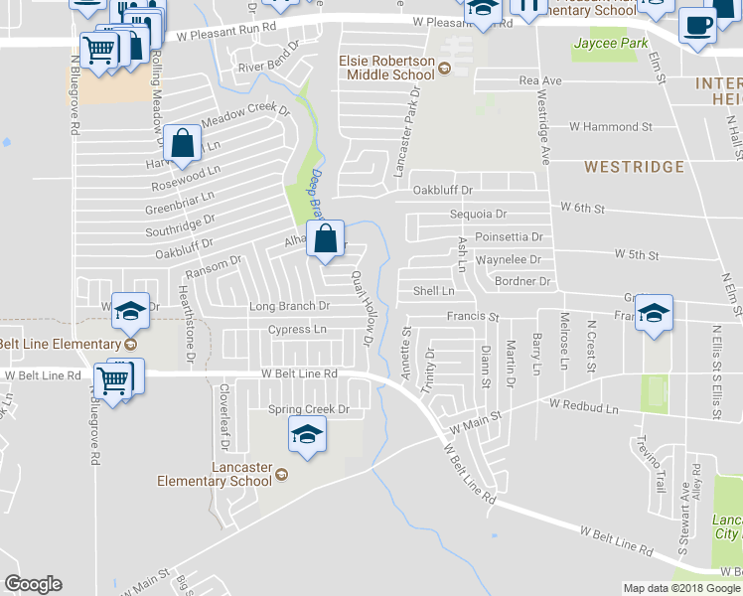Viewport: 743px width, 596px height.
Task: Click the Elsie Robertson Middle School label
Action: click(387, 69)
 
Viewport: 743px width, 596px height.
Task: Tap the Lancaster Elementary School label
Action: click(215, 475)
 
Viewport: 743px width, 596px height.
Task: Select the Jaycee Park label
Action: click(610, 44)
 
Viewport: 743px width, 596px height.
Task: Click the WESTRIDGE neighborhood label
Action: click(634, 167)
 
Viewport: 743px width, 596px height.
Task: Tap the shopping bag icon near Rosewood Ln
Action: click(184, 145)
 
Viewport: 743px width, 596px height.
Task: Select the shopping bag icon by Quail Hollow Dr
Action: click(326, 238)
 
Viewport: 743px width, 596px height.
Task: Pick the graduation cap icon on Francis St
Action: click(654, 314)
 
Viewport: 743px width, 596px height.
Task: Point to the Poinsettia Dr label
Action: click(509, 237)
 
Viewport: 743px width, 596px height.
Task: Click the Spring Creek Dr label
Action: click(310, 409)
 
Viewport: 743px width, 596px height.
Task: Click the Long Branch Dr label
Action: click(289, 306)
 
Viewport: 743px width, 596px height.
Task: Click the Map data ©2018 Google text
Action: click(681, 588)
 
